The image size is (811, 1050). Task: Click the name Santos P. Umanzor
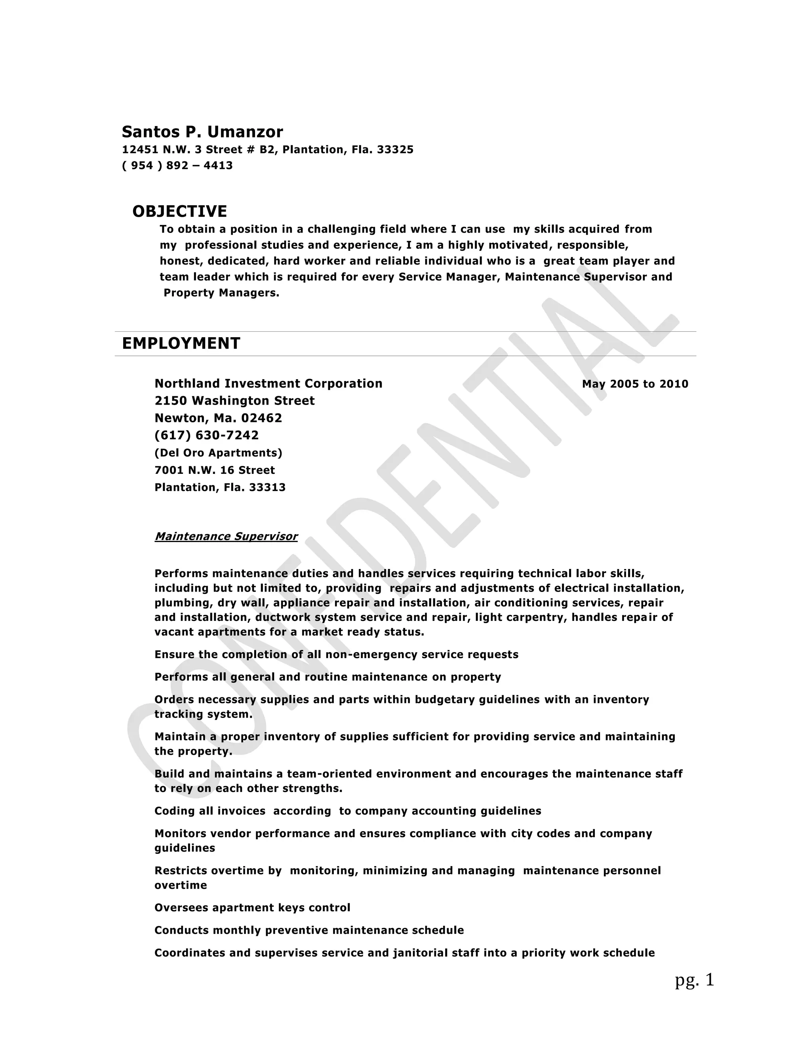coord(202,132)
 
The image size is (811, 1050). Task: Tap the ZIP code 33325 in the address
coord(395,149)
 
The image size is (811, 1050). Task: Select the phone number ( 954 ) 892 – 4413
coord(177,165)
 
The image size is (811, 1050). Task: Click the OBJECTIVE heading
coord(180,211)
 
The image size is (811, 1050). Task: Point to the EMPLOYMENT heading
coord(181,343)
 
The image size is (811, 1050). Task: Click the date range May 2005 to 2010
coord(635,384)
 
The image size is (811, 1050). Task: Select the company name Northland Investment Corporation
coord(268,383)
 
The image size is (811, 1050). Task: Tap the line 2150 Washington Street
coord(234,401)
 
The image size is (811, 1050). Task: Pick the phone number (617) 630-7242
coord(207,435)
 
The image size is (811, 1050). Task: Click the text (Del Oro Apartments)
coord(218,452)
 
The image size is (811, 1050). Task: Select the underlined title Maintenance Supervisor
coord(226,536)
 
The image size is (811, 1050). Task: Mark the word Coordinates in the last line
coord(189,953)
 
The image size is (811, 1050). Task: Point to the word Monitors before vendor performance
coord(180,833)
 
